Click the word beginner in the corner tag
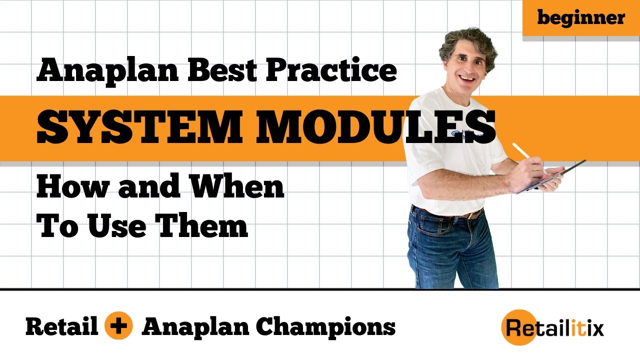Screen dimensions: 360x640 [581, 18]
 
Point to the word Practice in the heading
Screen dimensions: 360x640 [331, 70]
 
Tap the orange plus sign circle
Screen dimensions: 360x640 [119, 327]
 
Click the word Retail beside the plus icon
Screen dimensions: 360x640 [61, 327]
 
